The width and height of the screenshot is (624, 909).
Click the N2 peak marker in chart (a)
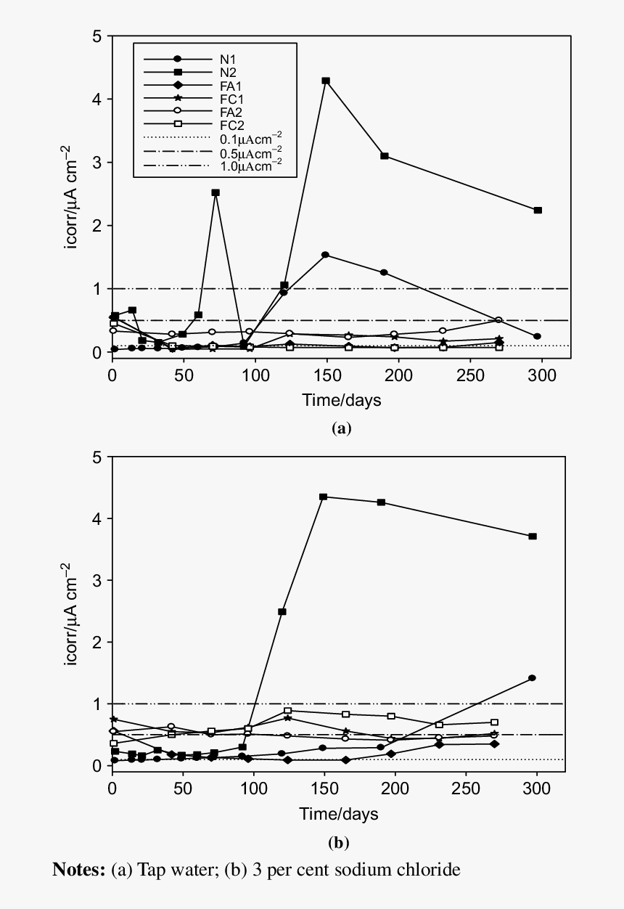click(x=326, y=81)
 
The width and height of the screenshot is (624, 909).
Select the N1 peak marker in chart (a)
click(x=326, y=255)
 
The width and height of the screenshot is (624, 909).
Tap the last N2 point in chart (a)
click(x=538, y=211)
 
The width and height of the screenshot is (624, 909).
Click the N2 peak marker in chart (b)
click(x=323, y=497)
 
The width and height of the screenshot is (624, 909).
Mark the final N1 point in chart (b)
click(x=533, y=678)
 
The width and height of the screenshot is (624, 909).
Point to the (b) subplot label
click(x=339, y=843)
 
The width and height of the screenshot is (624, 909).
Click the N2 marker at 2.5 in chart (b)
click(x=282, y=612)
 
